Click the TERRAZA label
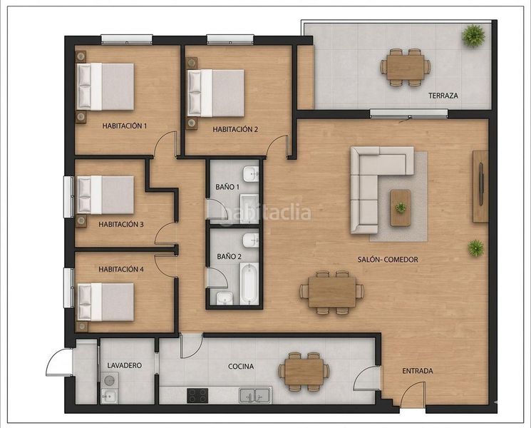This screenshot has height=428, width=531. click(x=443, y=96)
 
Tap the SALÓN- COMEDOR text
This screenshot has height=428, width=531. click(x=388, y=260)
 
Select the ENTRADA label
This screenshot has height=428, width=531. click(x=418, y=371)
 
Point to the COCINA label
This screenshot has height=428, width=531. click(x=241, y=367)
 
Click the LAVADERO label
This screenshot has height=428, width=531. click(x=124, y=365)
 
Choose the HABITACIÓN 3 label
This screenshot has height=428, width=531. click(x=121, y=224)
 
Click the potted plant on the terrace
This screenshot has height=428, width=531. click(x=473, y=35)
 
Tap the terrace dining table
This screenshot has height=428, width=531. click(x=406, y=67)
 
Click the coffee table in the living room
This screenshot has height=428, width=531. click(x=401, y=208)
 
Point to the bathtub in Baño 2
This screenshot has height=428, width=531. click(x=249, y=284)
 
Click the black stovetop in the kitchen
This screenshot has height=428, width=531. click(x=197, y=395)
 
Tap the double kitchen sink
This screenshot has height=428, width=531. click(x=255, y=395)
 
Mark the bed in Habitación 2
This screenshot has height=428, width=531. click(x=216, y=93)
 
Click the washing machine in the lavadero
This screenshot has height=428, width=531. click(x=109, y=380)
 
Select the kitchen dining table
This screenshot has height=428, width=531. click(x=304, y=372)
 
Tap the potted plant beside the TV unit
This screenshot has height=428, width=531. click(x=476, y=248)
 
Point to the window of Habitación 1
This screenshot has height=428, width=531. click(x=127, y=40)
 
